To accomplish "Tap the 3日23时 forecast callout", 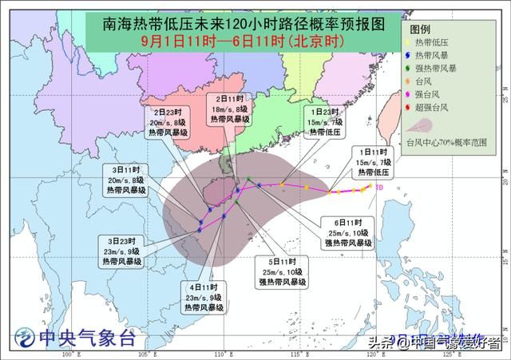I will (126, 250).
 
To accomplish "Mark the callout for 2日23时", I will (168, 123).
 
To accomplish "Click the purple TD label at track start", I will (379, 188).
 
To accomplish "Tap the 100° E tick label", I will (71, 354).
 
